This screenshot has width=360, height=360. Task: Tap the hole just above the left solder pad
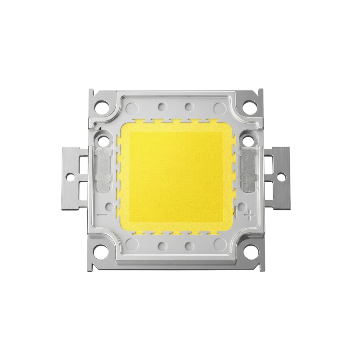point(103,139)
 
